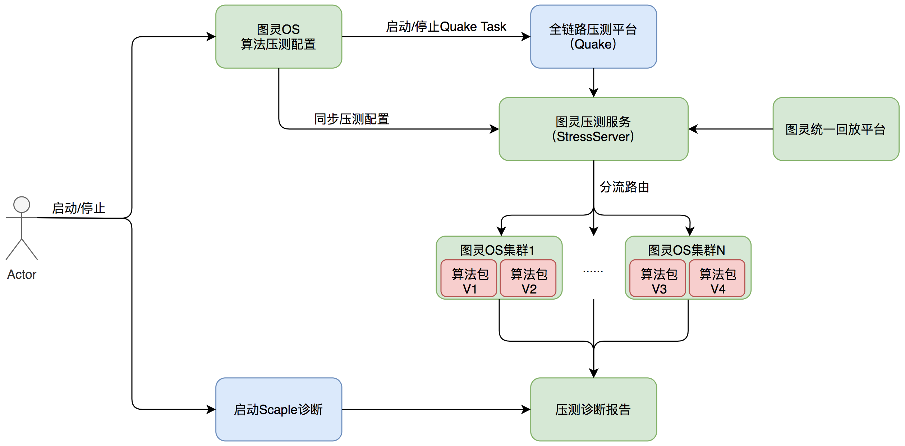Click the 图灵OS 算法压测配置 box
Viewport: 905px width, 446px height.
(x=279, y=37)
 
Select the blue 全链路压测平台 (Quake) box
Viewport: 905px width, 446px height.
(x=593, y=37)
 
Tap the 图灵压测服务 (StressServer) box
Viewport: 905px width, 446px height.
(x=593, y=129)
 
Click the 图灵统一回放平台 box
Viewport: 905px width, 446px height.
(x=836, y=129)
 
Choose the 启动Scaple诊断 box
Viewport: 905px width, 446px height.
(x=279, y=409)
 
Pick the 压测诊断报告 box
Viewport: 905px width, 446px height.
(x=593, y=409)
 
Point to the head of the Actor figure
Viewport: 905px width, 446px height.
(x=22, y=205)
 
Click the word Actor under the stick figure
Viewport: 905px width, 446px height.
(x=22, y=274)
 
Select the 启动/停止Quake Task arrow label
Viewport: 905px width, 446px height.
(x=446, y=27)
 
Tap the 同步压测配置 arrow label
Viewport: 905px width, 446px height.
(x=352, y=119)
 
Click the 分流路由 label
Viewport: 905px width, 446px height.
(x=624, y=187)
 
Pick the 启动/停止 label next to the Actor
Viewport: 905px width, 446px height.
(x=79, y=208)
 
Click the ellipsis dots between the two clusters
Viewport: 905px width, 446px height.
(x=593, y=271)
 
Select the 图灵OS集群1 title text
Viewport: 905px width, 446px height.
(x=497, y=250)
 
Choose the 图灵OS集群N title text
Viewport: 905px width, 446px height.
(x=686, y=250)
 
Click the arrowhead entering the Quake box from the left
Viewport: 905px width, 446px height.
(x=526, y=37)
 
